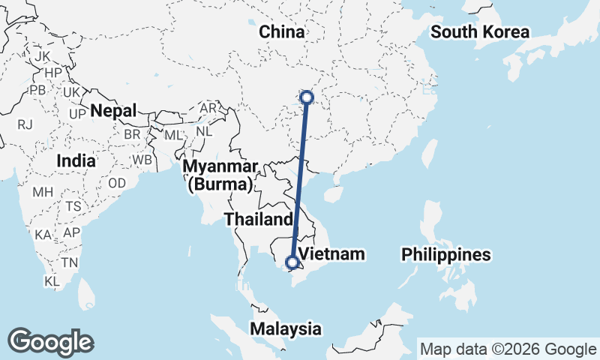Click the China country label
tap(282, 32)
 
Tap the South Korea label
tap(480, 32)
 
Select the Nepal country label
tap(113, 111)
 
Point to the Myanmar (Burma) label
tap(221, 174)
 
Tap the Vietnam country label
tap(331, 253)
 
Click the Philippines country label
tap(445, 254)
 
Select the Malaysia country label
tap(286, 328)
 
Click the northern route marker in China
tap(306, 97)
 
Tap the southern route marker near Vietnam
tap(292, 262)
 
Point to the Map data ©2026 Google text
tap(508, 349)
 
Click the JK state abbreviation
tap(42, 56)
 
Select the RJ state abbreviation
tap(25, 124)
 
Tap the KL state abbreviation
tap(52, 281)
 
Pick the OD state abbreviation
tap(116, 183)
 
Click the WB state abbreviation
tap(142, 160)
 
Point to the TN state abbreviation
tap(70, 262)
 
